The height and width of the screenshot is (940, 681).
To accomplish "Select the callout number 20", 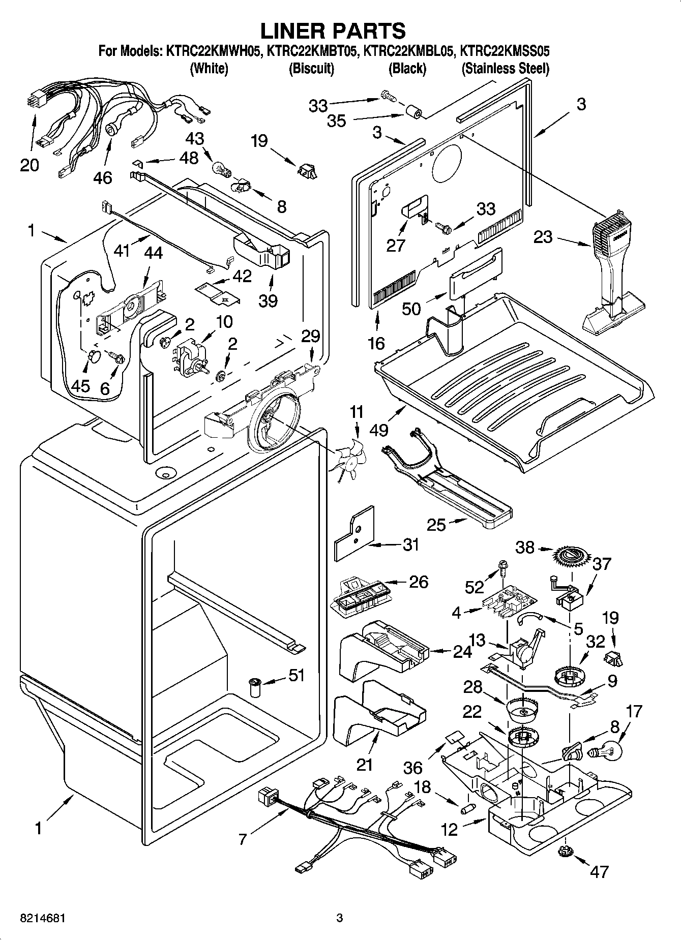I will click(x=29, y=165).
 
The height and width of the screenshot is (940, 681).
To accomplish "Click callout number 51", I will click(x=297, y=675).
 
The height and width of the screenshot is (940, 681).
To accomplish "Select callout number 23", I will click(x=543, y=237).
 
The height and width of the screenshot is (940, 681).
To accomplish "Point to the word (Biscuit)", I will click(x=311, y=69).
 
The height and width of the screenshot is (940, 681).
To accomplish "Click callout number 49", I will click(x=379, y=430).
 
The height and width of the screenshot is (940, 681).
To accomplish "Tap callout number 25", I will click(x=436, y=525).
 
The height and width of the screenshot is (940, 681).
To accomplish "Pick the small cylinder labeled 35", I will click(x=414, y=112).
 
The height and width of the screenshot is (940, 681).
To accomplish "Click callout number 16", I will click(x=376, y=343).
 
